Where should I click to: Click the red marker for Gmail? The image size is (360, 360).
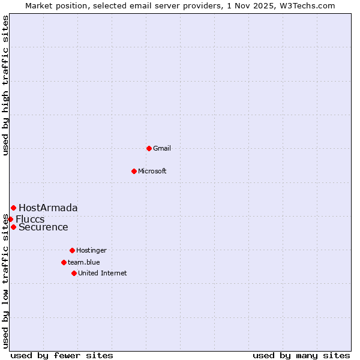pos(149,148)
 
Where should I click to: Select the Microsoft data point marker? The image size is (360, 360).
pos(134,171)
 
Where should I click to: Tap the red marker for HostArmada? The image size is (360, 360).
pos(13,208)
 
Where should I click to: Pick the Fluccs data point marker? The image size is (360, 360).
pos(10,219)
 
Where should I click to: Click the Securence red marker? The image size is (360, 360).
pos(13,227)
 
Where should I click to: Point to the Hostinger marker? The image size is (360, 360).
pos(72,250)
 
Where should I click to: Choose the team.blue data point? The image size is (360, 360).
pos(64,262)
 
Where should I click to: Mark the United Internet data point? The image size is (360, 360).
pos(74,273)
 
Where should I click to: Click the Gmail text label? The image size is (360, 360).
pos(162,148)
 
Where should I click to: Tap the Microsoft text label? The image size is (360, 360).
pos(152,171)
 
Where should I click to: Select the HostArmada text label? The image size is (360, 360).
pos(48,208)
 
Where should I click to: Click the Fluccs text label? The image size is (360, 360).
pos(30,219)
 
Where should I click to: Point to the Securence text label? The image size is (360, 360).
pos(43,227)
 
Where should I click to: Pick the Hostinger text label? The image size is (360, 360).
pos(91,250)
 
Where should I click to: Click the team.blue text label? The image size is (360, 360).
pos(84,262)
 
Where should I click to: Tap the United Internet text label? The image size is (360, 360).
pos(103,273)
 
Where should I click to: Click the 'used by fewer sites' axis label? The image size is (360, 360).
pos(62,355)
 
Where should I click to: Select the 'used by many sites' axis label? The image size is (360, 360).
pos(301,355)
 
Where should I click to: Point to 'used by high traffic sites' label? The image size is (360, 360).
pos(5,85)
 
